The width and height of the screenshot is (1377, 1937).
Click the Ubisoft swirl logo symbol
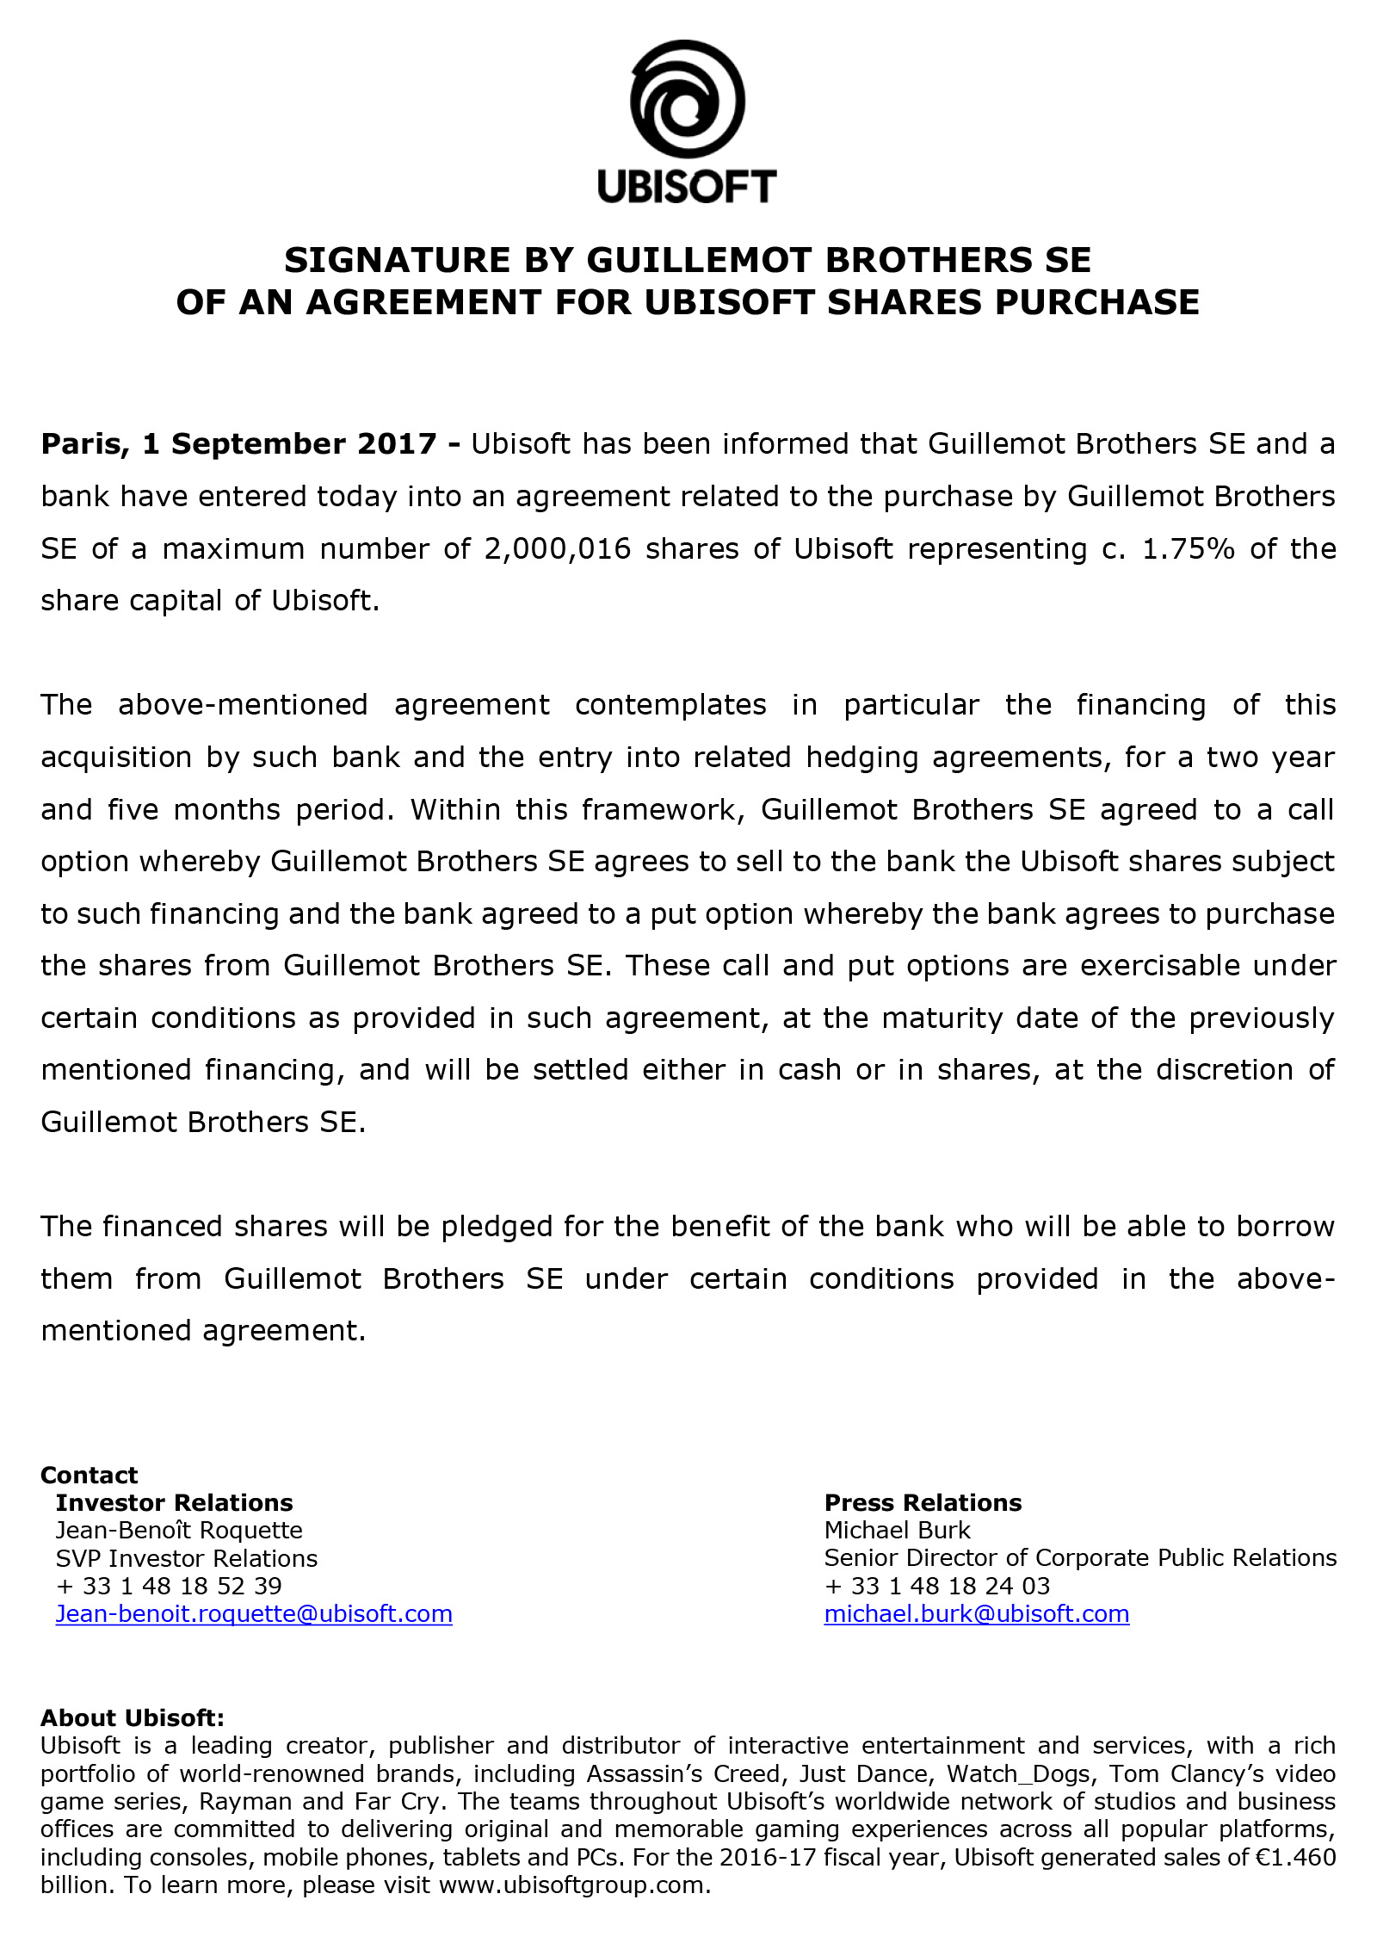[687, 98]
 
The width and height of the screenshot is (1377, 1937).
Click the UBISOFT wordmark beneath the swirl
[687, 186]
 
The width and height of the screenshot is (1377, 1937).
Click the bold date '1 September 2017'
[290, 444]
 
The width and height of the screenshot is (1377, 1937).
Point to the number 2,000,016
[558, 548]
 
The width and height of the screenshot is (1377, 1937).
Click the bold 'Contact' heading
[89, 1476]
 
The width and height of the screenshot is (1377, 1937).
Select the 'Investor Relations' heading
[174, 1503]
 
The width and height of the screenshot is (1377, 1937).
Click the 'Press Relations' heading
[923, 1503]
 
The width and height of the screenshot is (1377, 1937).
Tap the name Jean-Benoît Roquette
[179, 1531]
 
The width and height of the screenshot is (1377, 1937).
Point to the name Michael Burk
[897, 1531]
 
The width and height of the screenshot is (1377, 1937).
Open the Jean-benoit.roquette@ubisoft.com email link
[254, 1614]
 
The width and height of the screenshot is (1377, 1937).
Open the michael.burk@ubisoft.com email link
[976, 1614]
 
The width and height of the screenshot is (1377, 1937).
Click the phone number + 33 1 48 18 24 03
[936, 1586]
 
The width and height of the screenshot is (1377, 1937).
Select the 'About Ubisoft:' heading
[132, 1718]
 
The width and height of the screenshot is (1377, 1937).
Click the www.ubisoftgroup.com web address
[573, 1885]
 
